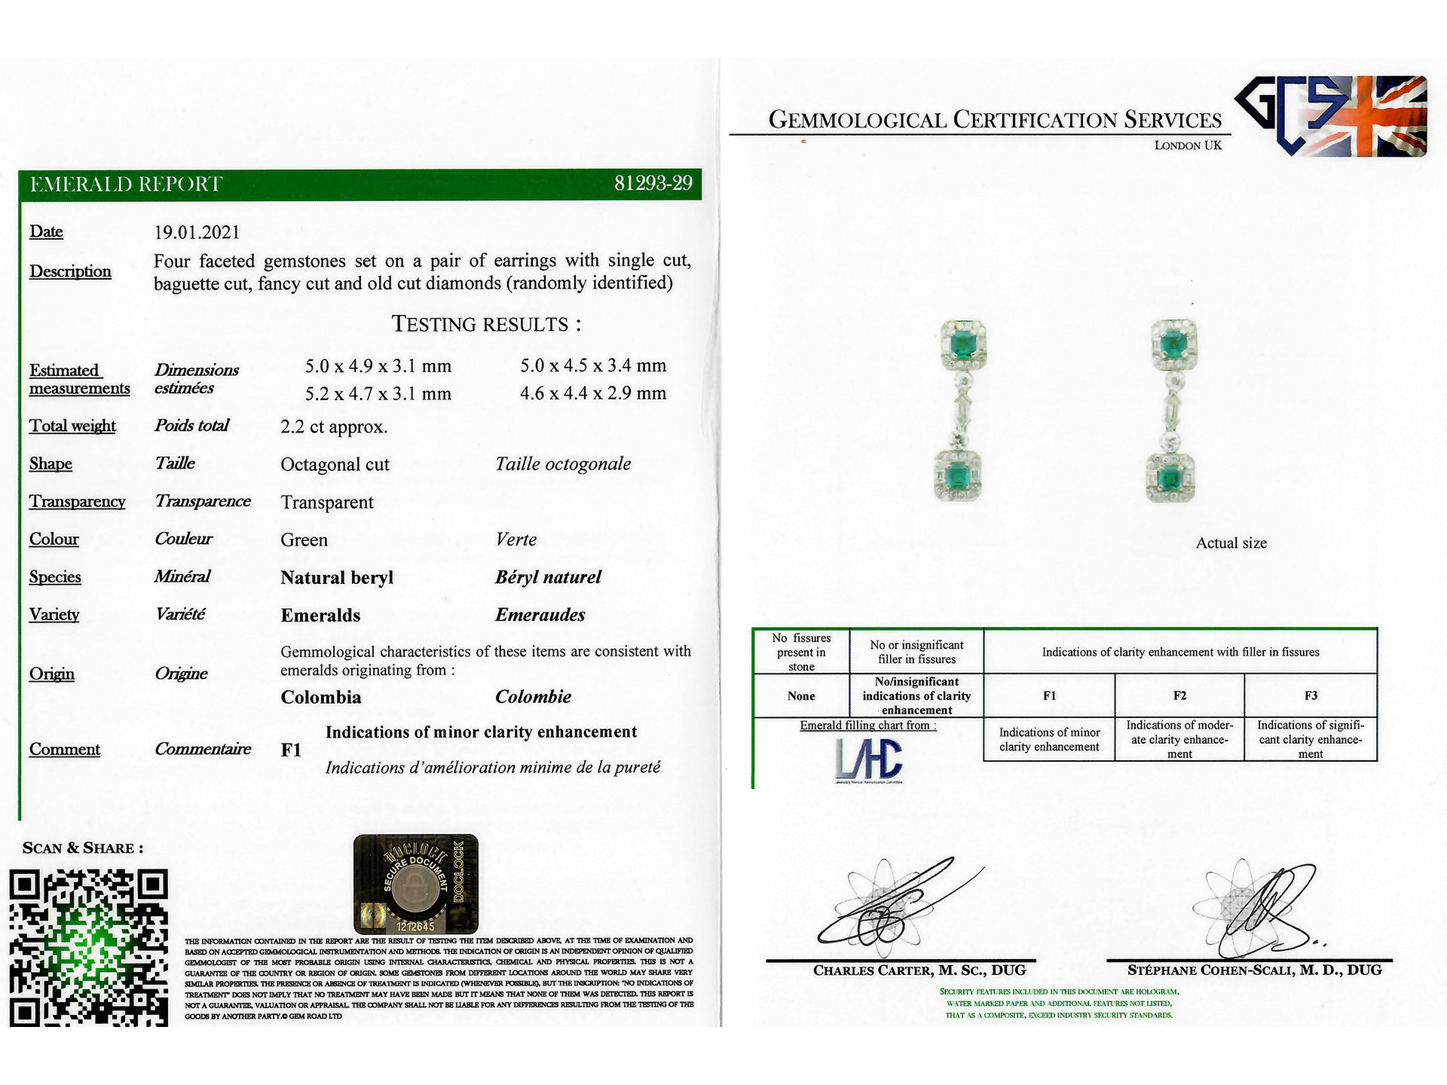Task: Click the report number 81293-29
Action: [x=653, y=184]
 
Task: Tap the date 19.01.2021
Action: [x=197, y=233]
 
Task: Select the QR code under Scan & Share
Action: [x=88, y=947]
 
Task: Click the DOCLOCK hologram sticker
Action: [x=415, y=884]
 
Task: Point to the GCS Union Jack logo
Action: [x=1331, y=116]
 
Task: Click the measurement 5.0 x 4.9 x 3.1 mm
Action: [x=378, y=366]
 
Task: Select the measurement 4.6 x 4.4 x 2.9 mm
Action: [x=593, y=393]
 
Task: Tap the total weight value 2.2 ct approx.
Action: [x=334, y=427]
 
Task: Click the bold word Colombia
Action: [x=321, y=698]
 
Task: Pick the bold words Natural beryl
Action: [x=337, y=578]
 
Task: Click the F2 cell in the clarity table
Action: [x=1179, y=695]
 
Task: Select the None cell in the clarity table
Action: [x=801, y=696]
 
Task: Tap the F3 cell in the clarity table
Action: [x=1311, y=695]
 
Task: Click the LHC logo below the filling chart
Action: [x=868, y=759]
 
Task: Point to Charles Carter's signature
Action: [x=897, y=904]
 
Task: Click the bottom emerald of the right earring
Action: [x=1170, y=478]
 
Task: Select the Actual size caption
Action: [x=1231, y=543]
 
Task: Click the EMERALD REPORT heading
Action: [x=126, y=185]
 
